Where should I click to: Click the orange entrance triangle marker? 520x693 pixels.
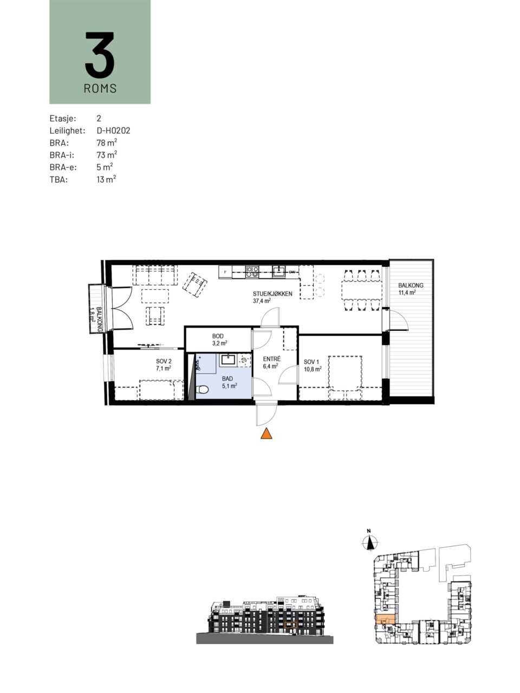266,434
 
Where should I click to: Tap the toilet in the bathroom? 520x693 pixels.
202,390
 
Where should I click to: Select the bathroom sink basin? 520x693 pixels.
227,359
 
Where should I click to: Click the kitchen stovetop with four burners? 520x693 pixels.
252,272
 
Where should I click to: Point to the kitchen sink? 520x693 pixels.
279,271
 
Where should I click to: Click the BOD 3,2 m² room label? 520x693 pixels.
218,339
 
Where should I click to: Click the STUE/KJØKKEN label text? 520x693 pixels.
272,293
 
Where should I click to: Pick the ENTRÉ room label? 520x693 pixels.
271,359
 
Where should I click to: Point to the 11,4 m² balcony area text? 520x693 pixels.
407,292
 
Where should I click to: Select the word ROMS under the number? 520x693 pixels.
100,88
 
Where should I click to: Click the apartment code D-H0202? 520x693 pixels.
113,130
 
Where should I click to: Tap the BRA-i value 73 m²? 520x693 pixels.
107,155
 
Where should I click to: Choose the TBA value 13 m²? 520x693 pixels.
106,179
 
